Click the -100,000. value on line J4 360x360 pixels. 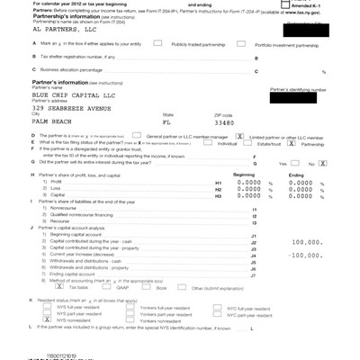tap(309, 256)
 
